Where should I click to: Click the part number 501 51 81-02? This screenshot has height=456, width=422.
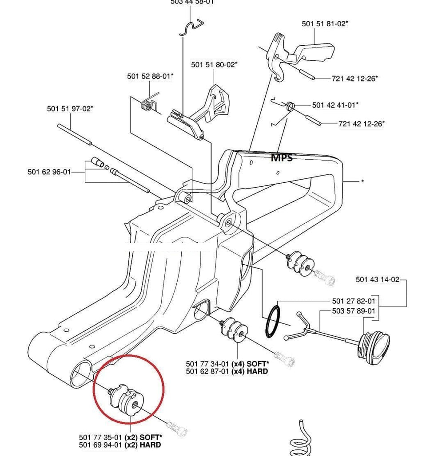pyautogui.click(x=324, y=24)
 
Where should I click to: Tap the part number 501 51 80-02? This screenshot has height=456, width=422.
pyautogui.click(x=214, y=64)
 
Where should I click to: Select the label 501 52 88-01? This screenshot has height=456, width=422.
pyautogui.click(x=150, y=76)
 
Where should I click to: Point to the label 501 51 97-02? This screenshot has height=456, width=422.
pyautogui.click(x=70, y=108)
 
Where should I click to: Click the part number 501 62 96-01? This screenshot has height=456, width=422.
pyautogui.click(x=49, y=172)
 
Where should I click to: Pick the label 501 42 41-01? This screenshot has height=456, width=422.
pyautogui.click(x=335, y=105)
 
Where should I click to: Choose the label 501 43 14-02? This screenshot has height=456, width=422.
pyautogui.click(x=378, y=279)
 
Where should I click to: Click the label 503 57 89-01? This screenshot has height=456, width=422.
pyautogui.click(x=354, y=311)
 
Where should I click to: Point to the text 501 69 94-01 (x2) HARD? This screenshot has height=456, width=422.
pyautogui.click(x=120, y=444)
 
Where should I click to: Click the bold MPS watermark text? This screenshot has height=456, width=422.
pyautogui.click(x=282, y=157)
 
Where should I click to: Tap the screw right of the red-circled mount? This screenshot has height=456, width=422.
pyautogui.click(x=176, y=428)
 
